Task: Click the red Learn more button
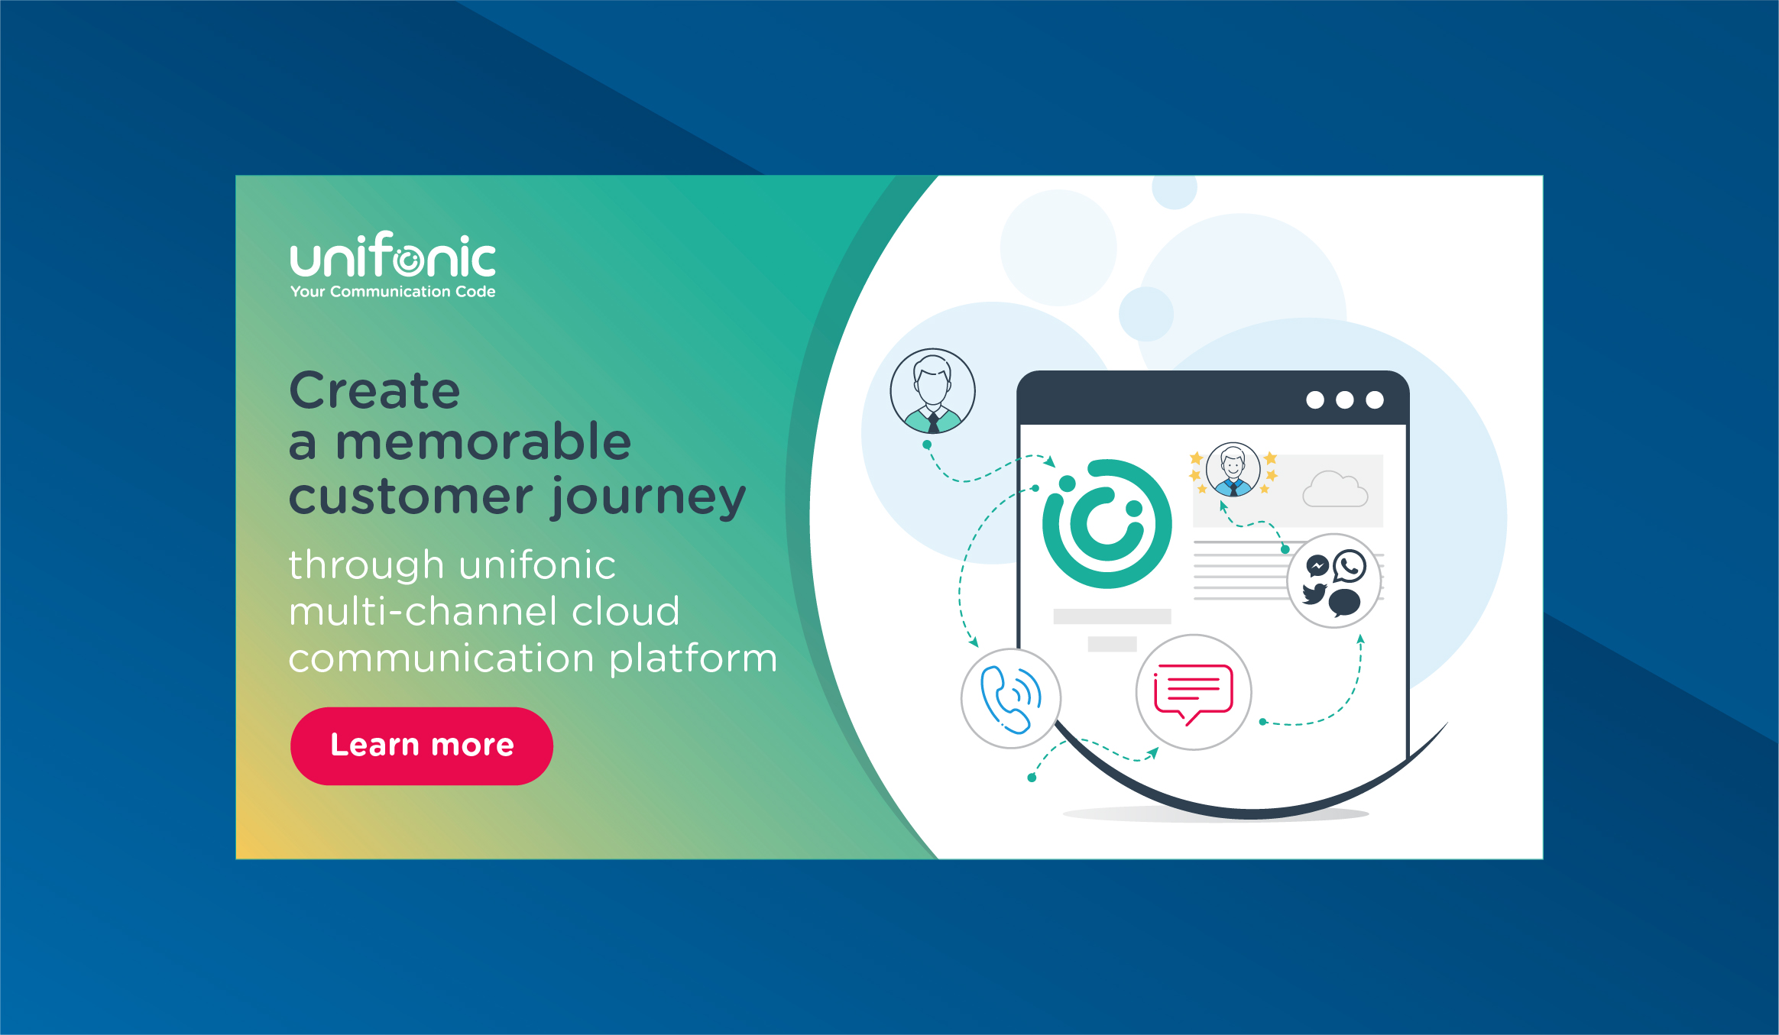[422, 746]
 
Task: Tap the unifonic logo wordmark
[393, 255]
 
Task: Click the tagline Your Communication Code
[393, 292]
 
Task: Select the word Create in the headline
[374, 391]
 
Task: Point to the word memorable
[483, 442]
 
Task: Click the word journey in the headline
[648, 498]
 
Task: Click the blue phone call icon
[1011, 699]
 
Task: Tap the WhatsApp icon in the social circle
[1350, 566]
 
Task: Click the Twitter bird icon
[1314, 594]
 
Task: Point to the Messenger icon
[1317, 566]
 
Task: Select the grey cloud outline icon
[1335, 490]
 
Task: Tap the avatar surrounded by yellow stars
[1233, 470]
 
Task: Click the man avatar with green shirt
[932, 391]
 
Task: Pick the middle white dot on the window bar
[1345, 399]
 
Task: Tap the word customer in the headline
[411, 498]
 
